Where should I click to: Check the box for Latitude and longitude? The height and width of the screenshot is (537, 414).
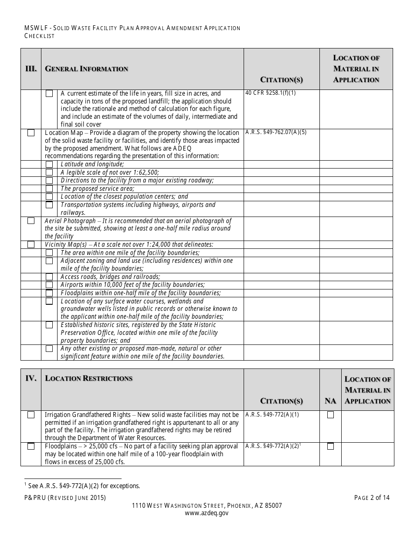pyautogui.click(x=49, y=164)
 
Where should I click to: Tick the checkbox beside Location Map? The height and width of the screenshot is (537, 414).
pyautogui.click(x=31, y=133)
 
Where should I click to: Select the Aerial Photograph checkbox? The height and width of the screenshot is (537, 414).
pyautogui.click(x=31, y=221)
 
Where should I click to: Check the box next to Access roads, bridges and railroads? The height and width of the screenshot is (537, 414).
pyautogui.click(x=49, y=277)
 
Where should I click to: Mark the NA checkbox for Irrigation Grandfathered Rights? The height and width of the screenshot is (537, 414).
pyautogui.click(x=330, y=415)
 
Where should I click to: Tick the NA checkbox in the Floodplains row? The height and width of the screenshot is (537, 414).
pyautogui.click(x=330, y=446)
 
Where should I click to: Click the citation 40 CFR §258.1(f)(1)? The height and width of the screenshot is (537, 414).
pyautogui.click(x=271, y=93)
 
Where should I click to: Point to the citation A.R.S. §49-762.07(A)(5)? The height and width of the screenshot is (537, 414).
pyautogui.click(x=276, y=132)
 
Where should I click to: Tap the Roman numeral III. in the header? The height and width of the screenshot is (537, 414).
pyautogui.click(x=31, y=69)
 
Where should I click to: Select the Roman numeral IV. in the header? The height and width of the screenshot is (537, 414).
pyautogui.click(x=31, y=379)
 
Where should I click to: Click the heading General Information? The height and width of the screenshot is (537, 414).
pyautogui.click(x=87, y=69)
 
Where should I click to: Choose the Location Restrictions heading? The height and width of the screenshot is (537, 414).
pyautogui.click(x=89, y=379)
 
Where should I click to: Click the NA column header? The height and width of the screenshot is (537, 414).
pyautogui.click(x=330, y=401)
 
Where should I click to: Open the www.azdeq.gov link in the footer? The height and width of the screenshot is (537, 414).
pyautogui.click(x=207, y=513)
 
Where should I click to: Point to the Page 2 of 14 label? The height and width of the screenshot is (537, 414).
pyautogui.click(x=372, y=497)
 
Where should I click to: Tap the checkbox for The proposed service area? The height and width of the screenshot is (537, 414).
pyautogui.click(x=49, y=189)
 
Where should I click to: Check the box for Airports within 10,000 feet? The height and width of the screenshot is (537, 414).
pyautogui.click(x=49, y=285)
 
